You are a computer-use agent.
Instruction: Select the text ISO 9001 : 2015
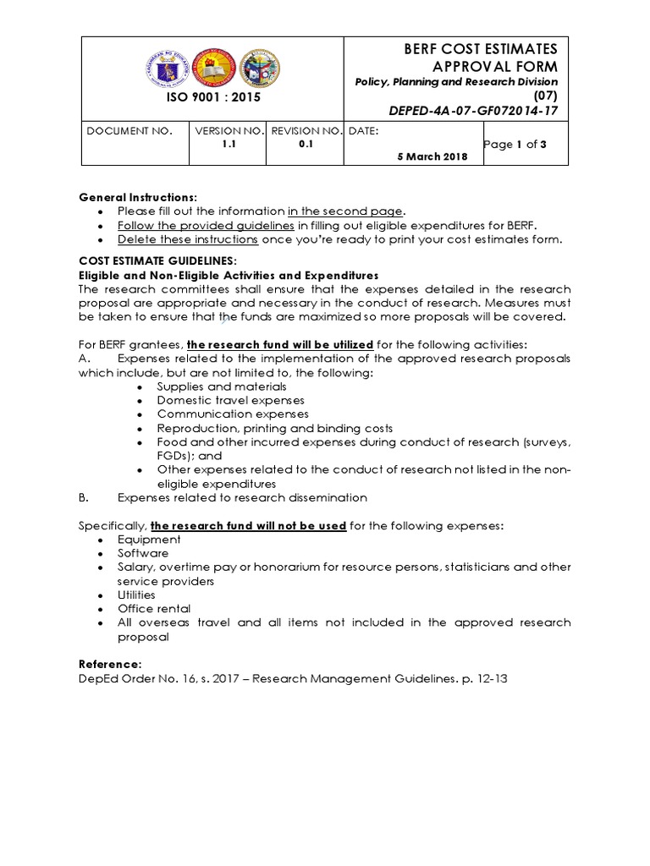[212, 97]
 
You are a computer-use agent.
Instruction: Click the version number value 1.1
[229, 145]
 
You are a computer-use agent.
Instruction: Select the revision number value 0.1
[306, 145]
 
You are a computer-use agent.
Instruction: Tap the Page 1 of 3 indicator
[515, 145]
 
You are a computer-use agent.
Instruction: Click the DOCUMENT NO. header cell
[129, 131]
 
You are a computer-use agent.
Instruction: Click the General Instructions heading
[138, 197]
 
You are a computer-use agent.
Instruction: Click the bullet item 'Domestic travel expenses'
[231, 400]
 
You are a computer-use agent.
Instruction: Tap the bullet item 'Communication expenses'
[233, 414]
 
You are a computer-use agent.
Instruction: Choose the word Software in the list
[143, 553]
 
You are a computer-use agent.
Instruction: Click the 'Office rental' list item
[154, 609]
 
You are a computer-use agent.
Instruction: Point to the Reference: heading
[111, 665]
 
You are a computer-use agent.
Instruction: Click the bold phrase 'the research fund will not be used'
[248, 525]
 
